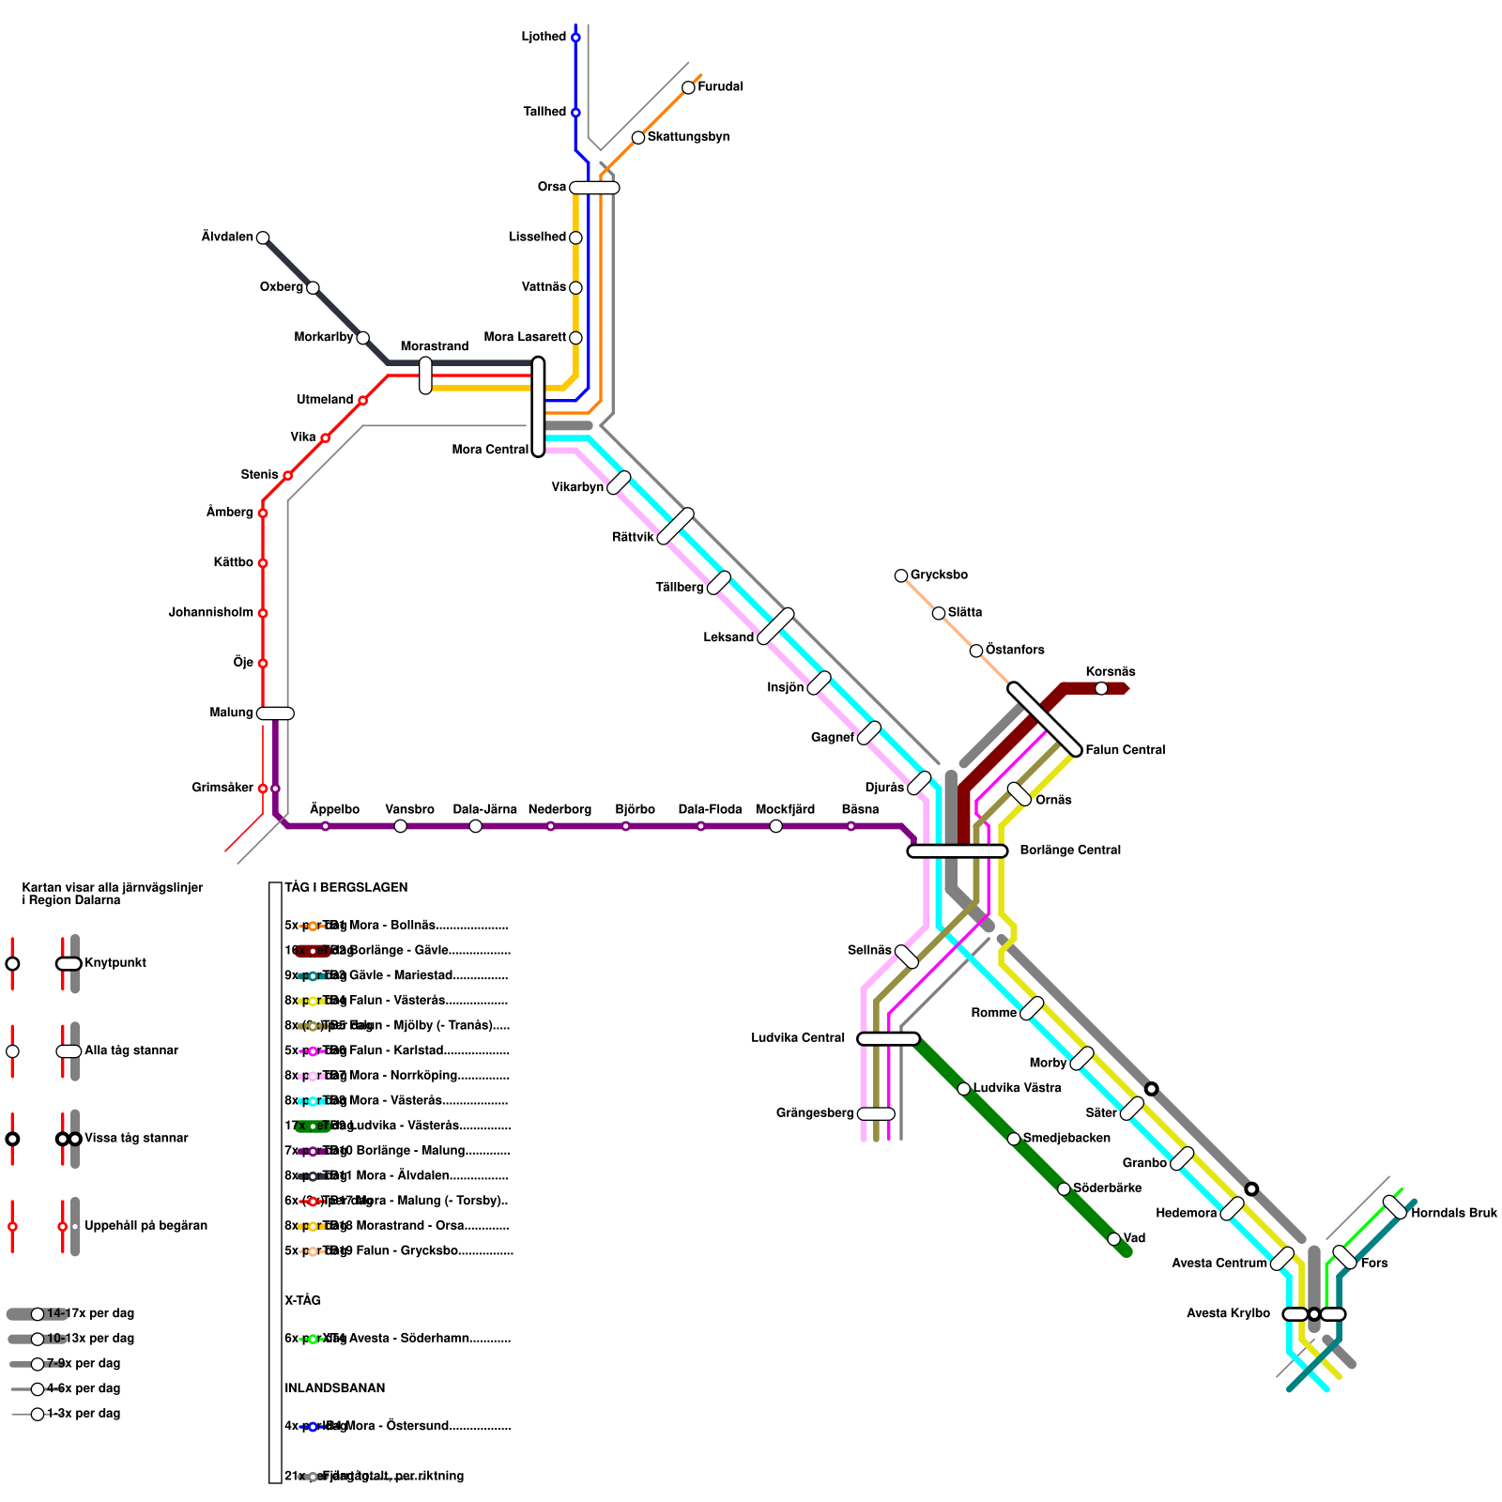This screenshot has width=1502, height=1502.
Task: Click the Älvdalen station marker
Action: click(x=263, y=238)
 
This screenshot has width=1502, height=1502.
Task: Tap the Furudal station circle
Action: click(x=688, y=87)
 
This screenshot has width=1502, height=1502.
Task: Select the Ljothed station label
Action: click(x=544, y=37)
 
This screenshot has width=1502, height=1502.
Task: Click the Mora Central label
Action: click(x=490, y=450)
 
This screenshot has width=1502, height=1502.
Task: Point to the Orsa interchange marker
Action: click(x=594, y=188)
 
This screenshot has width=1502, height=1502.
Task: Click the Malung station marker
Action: click(x=275, y=713)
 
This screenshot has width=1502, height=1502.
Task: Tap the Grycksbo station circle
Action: click(x=901, y=575)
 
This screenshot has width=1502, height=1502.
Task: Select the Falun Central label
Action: click(x=1125, y=750)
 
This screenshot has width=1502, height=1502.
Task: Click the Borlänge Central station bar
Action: click(x=958, y=851)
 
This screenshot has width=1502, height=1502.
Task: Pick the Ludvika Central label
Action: click(x=798, y=1037)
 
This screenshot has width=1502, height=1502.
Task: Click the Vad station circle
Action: click(x=1113, y=1239)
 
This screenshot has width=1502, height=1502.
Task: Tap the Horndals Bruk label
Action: click(x=1454, y=1213)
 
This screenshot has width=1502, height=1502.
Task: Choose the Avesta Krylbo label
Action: click(x=1228, y=1313)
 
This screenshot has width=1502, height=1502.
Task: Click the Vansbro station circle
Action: click(x=401, y=826)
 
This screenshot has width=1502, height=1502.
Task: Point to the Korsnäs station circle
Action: click(x=1101, y=688)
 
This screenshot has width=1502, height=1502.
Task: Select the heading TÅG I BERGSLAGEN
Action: click(x=346, y=887)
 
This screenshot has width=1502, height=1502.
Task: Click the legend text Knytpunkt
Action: click(x=115, y=963)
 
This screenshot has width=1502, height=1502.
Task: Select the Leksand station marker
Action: click(x=775, y=626)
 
